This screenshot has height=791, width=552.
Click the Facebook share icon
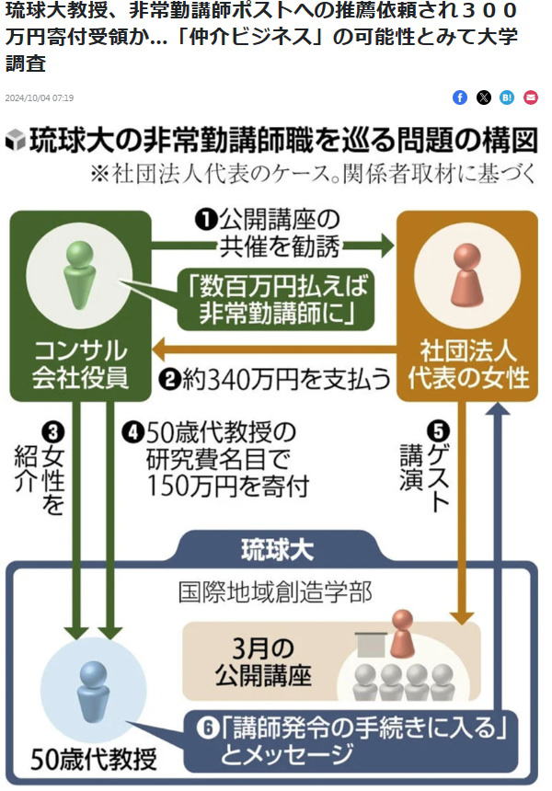coord(460,97)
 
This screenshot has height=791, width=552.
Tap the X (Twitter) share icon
coord(484,97)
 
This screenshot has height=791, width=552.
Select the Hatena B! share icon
coord(507,97)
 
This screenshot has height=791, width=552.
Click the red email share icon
coord(531,97)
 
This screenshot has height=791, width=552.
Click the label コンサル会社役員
coord(80,363)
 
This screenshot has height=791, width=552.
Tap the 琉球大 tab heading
coord(277,551)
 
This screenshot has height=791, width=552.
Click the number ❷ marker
coord(168,377)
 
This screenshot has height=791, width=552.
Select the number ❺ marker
coord(441,429)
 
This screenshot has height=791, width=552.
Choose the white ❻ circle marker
coord(209,729)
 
